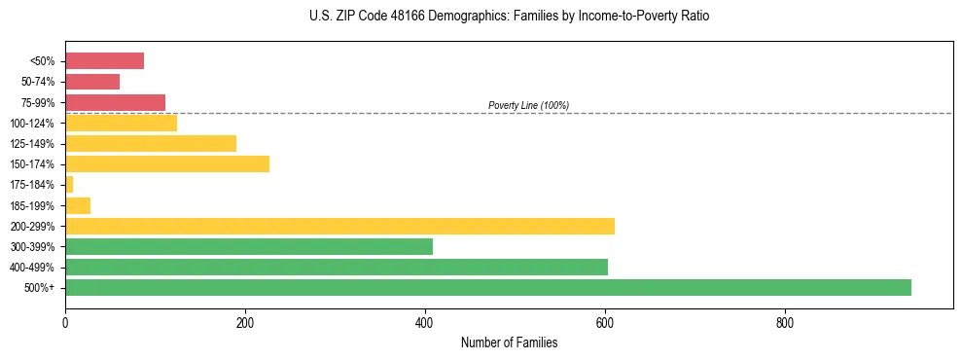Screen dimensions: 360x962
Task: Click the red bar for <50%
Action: [104, 61]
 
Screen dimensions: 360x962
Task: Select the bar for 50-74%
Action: [92, 82]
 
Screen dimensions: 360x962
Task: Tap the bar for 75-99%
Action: [115, 102]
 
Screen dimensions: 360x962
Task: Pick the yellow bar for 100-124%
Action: [121, 123]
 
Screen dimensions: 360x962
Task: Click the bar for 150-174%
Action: [166, 163]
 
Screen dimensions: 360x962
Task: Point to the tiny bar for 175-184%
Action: [69, 184]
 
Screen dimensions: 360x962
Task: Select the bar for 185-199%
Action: [78, 205]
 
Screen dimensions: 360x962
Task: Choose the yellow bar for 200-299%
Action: [339, 226]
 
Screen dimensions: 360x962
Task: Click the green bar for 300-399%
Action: [248, 246]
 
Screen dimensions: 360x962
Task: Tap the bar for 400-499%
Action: [336, 267]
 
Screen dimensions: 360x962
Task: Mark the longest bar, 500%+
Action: [487, 287]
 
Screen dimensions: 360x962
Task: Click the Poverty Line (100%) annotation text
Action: [528, 105]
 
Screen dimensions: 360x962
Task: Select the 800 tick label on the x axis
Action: [785, 322]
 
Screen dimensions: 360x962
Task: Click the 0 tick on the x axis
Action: [65, 322]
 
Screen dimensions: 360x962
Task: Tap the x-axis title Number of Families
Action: [509, 342]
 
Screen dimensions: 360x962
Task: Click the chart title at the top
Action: [509, 17]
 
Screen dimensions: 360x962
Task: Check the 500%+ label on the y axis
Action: [42, 288]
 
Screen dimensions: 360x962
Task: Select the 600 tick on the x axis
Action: [605, 322]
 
